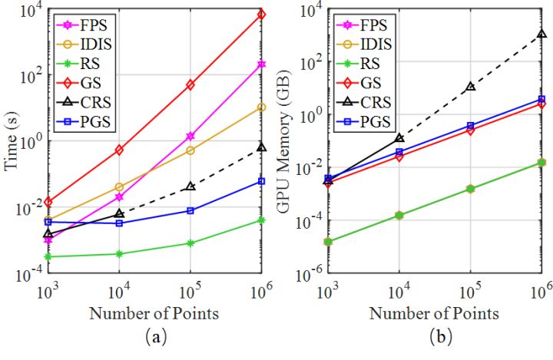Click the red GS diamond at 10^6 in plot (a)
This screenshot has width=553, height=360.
[x=262, y=14]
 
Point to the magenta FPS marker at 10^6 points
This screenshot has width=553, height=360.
[x=262, y=64]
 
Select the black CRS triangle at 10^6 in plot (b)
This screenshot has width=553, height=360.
[x=542, y=34]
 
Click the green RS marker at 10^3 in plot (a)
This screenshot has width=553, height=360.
[x=48, y=256]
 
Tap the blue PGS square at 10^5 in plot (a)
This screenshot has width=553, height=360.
[x=190, y=210]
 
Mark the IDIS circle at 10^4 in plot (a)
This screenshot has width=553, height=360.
[x=119, y=187]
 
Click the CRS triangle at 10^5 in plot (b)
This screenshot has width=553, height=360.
[x=471, y=87]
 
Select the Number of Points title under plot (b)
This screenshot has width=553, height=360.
[x=433, y=314]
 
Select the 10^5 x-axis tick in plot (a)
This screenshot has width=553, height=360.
[x=190, y=293]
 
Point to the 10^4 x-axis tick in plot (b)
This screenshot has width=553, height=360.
[x=399, y=293]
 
